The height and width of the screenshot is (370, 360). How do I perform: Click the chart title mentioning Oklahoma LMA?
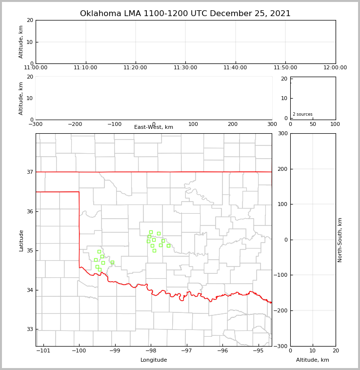coord(185,14)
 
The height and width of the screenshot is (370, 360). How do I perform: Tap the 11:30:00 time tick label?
coord(185,68)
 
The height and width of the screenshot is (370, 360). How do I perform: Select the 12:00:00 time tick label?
coord(335,68)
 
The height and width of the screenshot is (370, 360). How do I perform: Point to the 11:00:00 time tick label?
coord(36,68)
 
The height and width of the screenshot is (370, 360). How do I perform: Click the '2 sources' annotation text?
coord(302,114)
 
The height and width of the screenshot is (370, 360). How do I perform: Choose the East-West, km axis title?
coord(154,127)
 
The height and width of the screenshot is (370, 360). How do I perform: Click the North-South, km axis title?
coord(340,240)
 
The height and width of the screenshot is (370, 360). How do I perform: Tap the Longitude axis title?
coord(154,360)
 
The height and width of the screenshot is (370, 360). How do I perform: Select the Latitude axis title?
coord(21,240)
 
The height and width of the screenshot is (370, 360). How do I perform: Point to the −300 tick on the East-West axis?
coord(36,124)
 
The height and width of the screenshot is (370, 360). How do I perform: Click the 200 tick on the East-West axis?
coord(233,124)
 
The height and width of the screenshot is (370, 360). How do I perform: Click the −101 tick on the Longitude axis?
coord(43,351)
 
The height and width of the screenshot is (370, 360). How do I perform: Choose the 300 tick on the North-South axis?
coord(282,133)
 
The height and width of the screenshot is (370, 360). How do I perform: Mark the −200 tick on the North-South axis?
coord(280,310)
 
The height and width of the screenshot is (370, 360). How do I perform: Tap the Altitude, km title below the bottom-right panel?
coord(313,360)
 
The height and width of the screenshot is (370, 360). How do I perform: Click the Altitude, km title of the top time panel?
coord(21,41)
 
